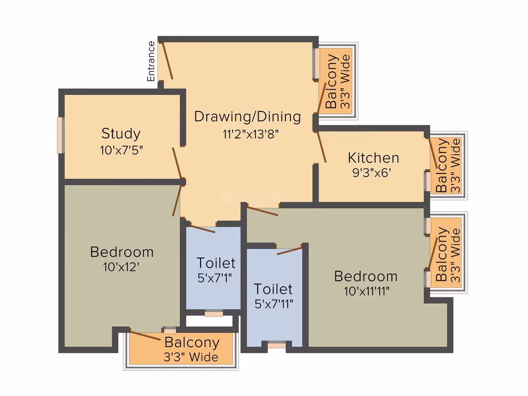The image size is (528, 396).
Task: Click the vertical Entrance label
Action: click(151, 61)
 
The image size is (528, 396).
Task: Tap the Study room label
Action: click(121, 134)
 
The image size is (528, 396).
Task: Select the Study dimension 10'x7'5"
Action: click(121, 150)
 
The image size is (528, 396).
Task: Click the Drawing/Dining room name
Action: click(248, 117)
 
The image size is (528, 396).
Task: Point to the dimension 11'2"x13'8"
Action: click(250, 134)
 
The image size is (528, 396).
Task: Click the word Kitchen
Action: click(373, 157)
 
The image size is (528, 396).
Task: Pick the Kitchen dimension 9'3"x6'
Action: click(371, 173)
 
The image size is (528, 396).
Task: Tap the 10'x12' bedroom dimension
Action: click(121, 267)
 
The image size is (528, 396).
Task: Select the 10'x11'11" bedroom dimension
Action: click(366, 290)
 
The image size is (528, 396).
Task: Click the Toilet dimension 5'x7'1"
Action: click(214, 278)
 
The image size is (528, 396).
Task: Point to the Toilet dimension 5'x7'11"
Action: click(274, 304)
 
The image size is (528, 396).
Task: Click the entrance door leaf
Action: click(168, 61)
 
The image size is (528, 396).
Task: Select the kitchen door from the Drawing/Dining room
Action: click(322, 147)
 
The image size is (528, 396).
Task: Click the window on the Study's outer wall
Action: click(61, 135)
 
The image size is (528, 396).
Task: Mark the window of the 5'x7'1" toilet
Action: click(214, 313)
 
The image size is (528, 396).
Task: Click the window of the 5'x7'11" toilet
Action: click(276, 345)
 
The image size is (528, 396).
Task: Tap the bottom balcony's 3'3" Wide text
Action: click(191, 357)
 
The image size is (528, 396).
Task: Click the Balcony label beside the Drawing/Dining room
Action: click(331, 81)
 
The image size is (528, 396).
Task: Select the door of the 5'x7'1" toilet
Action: click(203, 228)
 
